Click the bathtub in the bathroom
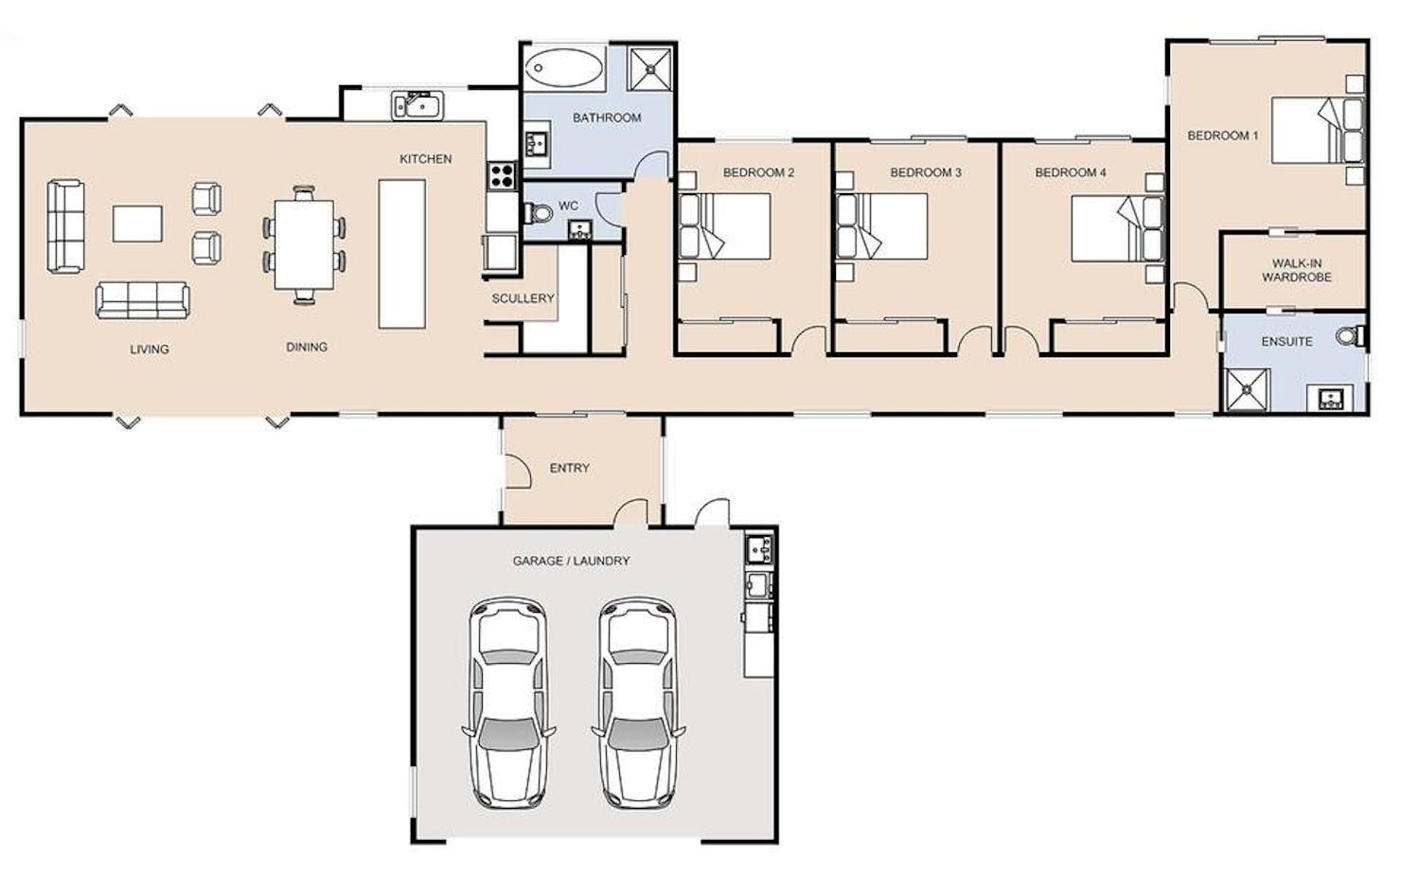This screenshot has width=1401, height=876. (x=563, y=67)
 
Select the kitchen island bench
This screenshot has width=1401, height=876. (x=402, y=254)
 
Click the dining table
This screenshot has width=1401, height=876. (x=304, y=244)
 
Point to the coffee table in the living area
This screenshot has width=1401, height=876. (x=137, y=223)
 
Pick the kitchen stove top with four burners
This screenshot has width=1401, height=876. (x=503, y=176)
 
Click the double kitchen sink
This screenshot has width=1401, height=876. (x=417, y=105)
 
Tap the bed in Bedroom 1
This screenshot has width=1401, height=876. (x=1318, y=130)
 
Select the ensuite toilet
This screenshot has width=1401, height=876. (x=1352, y=336)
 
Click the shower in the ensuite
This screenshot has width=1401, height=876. (x=1247, y=390)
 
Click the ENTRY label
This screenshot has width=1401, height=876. (x=569, y=468)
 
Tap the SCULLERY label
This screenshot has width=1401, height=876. (x=523, y=298)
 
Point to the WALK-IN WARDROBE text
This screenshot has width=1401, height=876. (x=1297, y=270)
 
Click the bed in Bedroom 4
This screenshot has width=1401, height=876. (x=1118, y=228)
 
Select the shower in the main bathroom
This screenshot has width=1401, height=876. (x=650, y=69)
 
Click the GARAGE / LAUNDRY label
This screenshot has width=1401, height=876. (x=571, y=561)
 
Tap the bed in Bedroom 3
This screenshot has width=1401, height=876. (x=882, y=226)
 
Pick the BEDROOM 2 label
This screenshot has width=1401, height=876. (x=758, y=172)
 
